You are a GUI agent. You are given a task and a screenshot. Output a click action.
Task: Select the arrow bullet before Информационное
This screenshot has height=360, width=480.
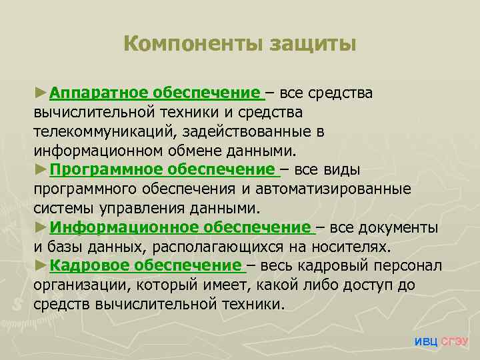41,227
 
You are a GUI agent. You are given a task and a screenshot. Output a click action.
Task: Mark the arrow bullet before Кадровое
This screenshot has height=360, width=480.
41,266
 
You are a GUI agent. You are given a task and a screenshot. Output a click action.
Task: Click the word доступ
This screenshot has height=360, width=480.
373,285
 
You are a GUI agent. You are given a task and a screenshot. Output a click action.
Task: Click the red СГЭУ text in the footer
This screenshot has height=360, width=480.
455,341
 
